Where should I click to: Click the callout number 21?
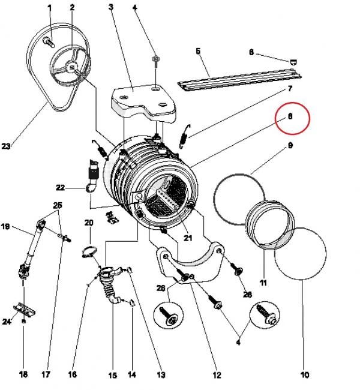(187, 238)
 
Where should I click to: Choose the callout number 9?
(290, 145)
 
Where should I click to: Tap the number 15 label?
(112, 376)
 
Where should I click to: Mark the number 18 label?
(23, 376)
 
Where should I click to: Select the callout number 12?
(216, 376)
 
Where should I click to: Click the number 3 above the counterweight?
(112, 7)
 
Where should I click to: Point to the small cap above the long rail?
(293, 61)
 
